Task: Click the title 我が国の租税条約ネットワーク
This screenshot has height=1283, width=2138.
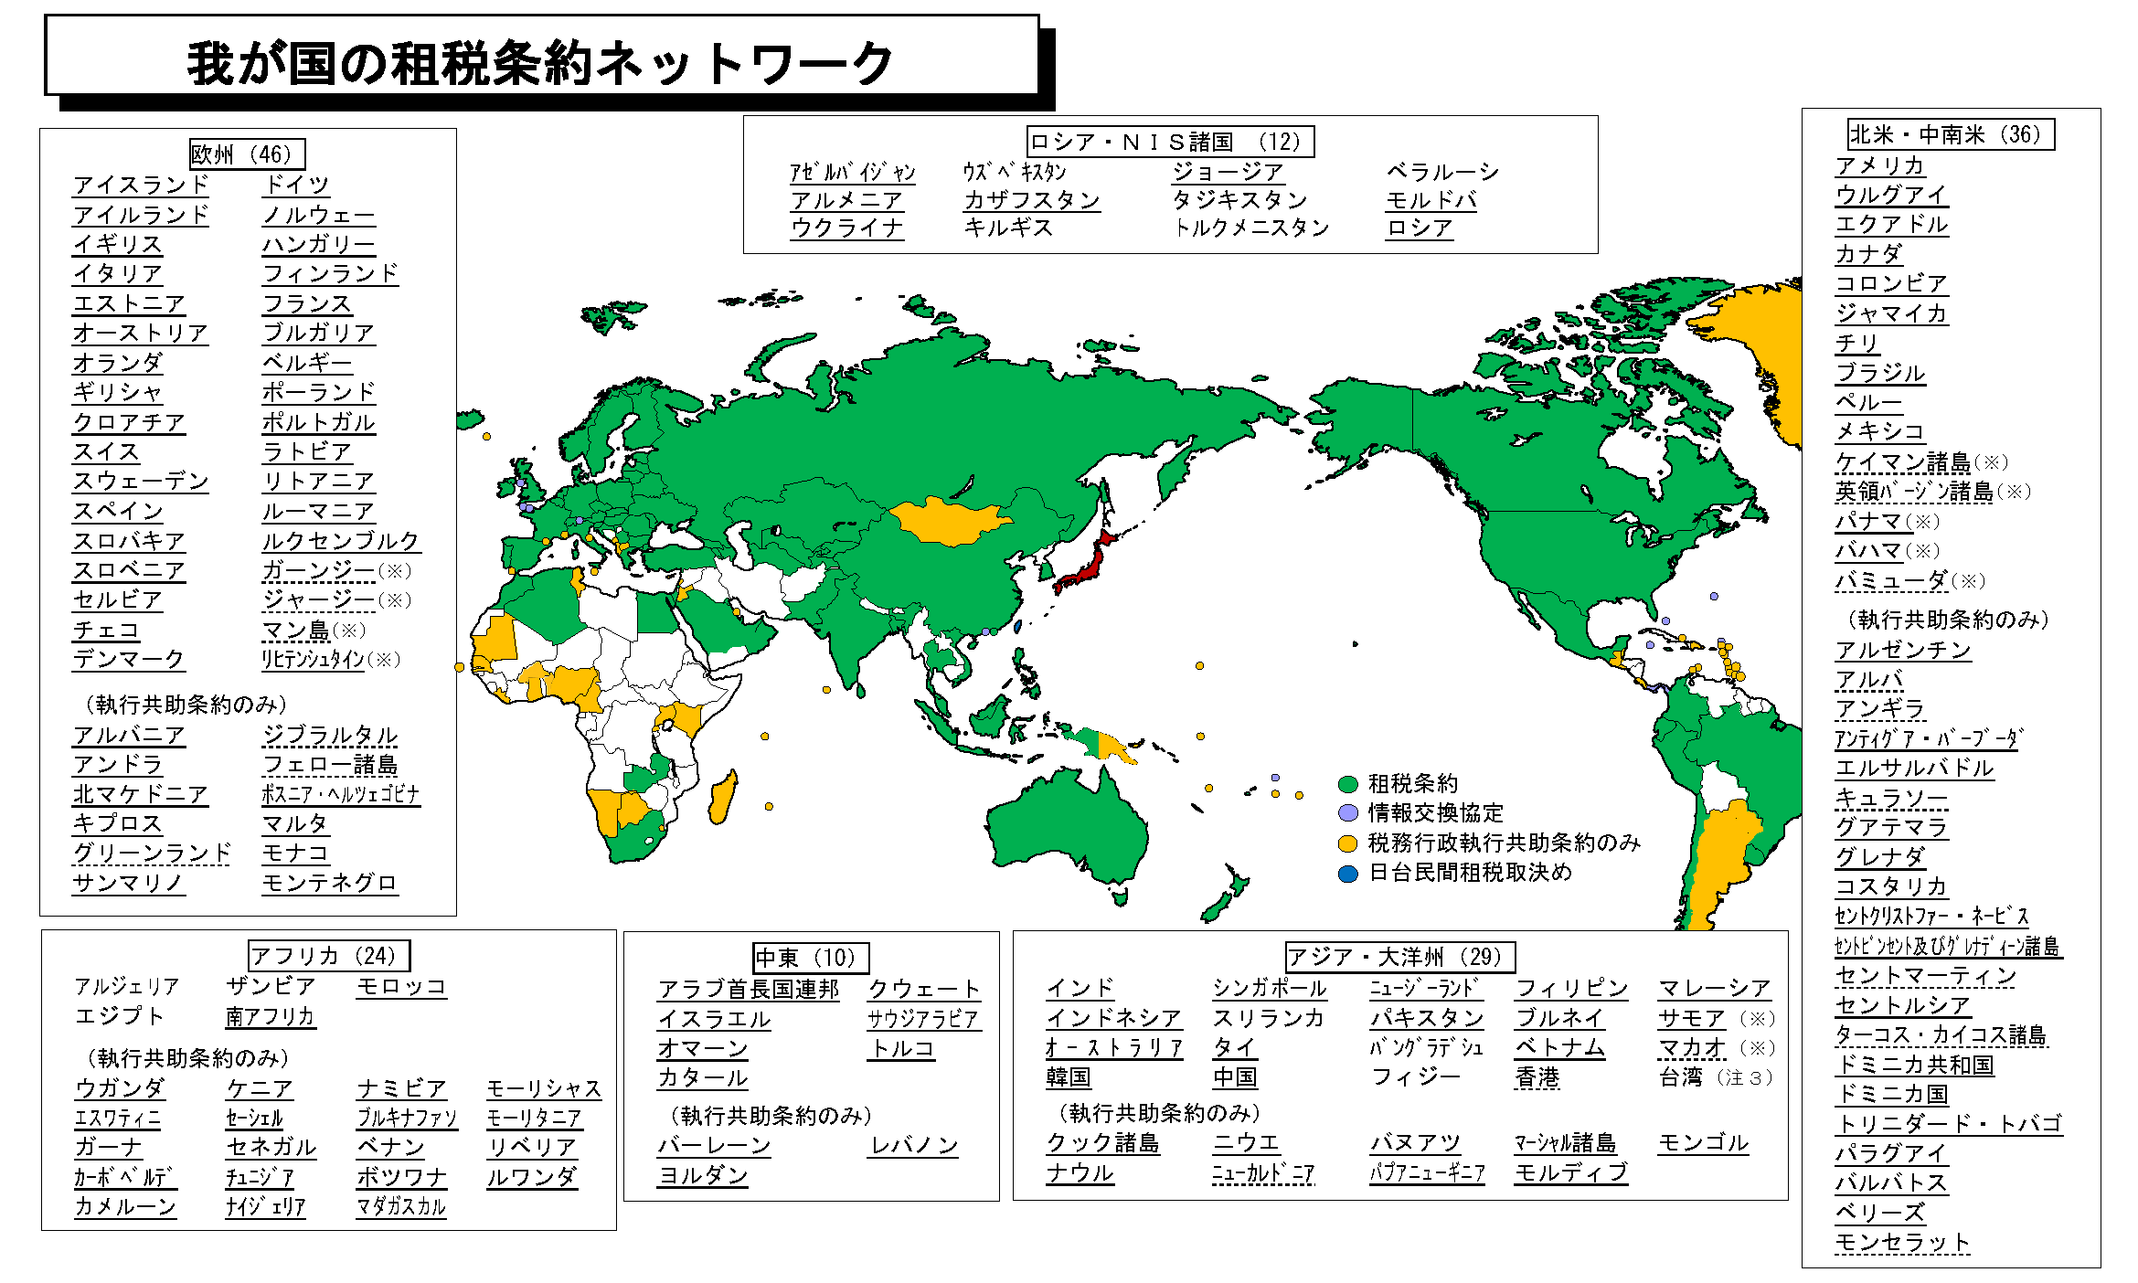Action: [540, 63]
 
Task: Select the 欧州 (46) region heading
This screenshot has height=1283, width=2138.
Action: [246, 154]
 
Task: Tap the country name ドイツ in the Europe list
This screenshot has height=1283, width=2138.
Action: [296, 184]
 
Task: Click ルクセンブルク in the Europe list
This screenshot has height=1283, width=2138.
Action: [340, 540]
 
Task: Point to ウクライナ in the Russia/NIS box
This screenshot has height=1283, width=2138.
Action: [847, 228]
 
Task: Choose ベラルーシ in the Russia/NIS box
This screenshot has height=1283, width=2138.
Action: [1442, 171]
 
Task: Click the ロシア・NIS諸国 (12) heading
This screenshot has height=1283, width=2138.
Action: [1170, 142]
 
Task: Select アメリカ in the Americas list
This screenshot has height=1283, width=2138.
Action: [1880, 164]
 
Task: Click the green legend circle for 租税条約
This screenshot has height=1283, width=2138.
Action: [1347, 784]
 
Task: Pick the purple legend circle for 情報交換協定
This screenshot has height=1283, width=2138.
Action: [1347, 813]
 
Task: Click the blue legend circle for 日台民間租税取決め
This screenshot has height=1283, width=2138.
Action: [1347, 874]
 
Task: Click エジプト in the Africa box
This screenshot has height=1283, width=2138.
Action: [119, 1015]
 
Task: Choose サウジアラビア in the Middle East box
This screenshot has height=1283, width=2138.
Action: [923, 1019]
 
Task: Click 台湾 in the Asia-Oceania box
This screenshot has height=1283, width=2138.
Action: [1680, 1077]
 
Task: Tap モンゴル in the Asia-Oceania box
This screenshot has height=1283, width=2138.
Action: [1703, 1142]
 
